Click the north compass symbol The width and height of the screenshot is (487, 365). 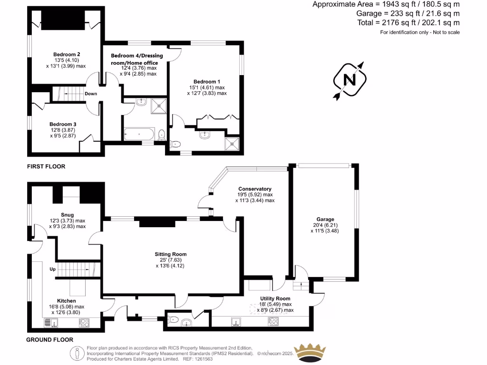pyautogui.click(x=350, y=79)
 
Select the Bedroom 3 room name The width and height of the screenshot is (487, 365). pyautogui.click(x=63, y=124)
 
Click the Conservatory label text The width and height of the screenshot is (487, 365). pyautogui.click(x=254, y=189)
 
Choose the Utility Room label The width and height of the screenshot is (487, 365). pyautogui.click(x=275, y=298)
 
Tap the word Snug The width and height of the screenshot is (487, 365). pyautogui.click(x=67, y=215)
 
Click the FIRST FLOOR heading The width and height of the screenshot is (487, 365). pyautogui.click(x=46, y=167)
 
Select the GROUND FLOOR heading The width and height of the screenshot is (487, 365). pyautogui.click(x=49, y=340)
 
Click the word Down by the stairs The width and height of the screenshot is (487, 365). pyautogui.click(x=91, y=94)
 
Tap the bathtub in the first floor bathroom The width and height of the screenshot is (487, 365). pyautogui.click(x=139, y=134)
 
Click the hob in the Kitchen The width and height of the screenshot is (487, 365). pyautogui.click(x=84, y=323)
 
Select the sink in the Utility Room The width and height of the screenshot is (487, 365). pyautogui.click(x=236, y=322)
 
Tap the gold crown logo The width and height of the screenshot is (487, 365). pyautogui.click(x=310, y=353)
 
